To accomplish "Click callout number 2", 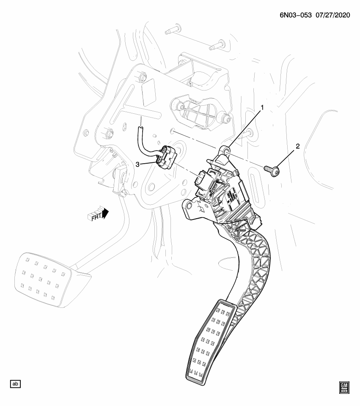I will coord(298,147).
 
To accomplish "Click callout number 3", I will coord(138,164).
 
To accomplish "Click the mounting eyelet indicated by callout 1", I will coord(225,150).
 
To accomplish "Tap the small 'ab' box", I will coord(15,384).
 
